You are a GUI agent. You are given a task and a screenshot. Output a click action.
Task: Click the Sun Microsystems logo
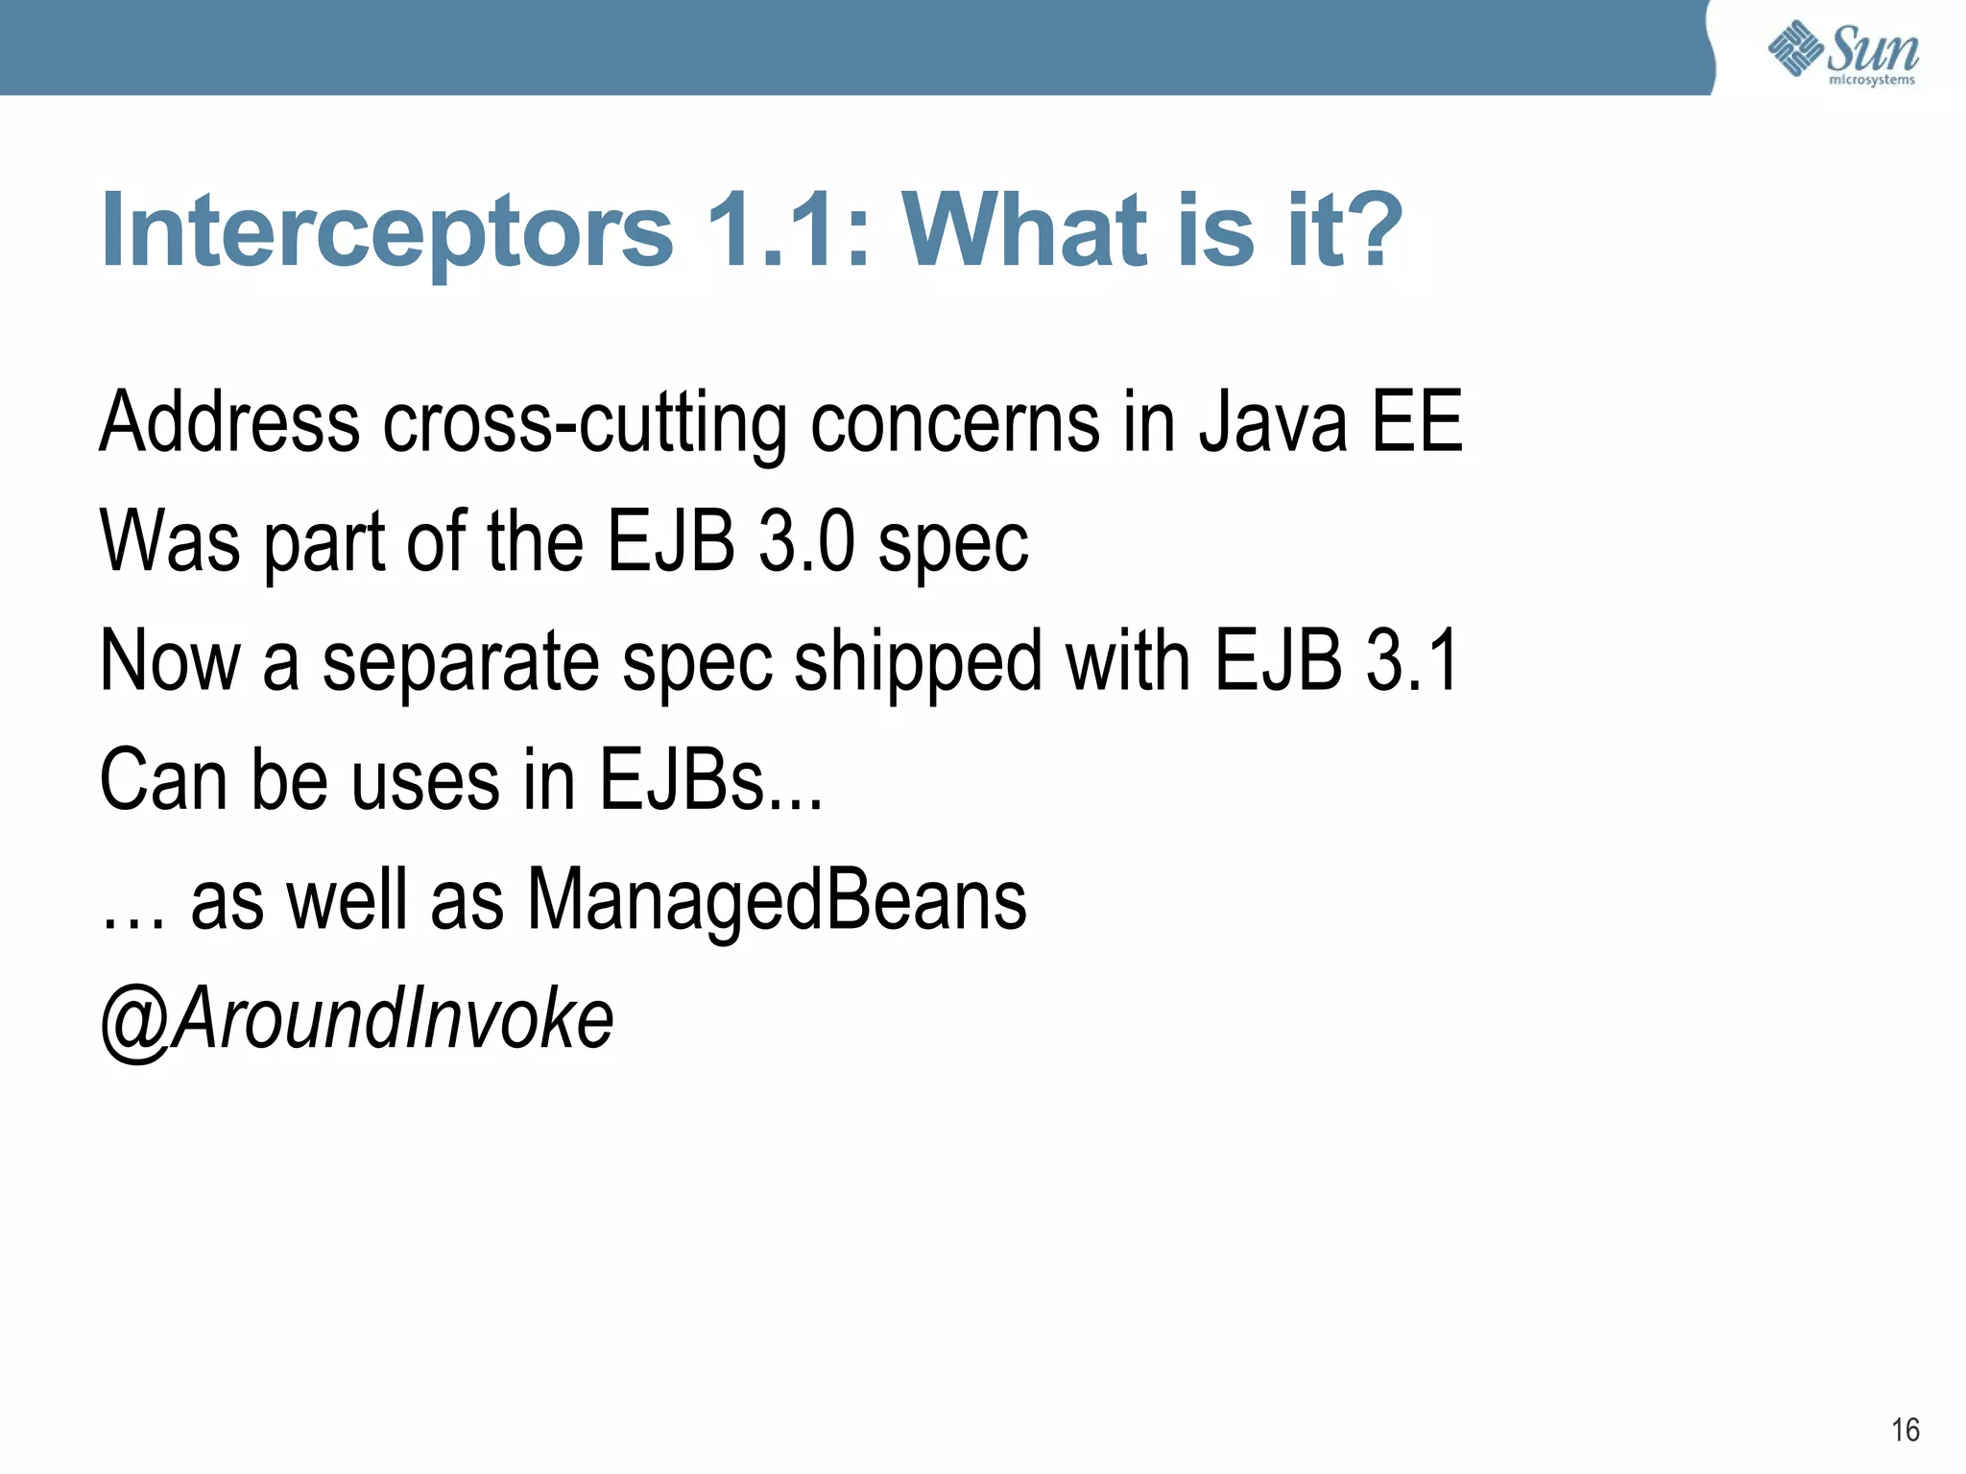[1842, 52]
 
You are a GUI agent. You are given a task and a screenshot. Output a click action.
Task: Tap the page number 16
[1905, 1430]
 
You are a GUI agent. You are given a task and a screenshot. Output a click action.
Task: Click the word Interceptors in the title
[387, 231]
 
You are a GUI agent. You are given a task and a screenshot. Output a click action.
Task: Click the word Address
[230, 422]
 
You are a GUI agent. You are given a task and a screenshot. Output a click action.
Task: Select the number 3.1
[1412, 660]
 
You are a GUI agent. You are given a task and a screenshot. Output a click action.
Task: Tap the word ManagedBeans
[777, 900]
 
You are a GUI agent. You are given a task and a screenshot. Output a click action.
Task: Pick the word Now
[170, 660]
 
